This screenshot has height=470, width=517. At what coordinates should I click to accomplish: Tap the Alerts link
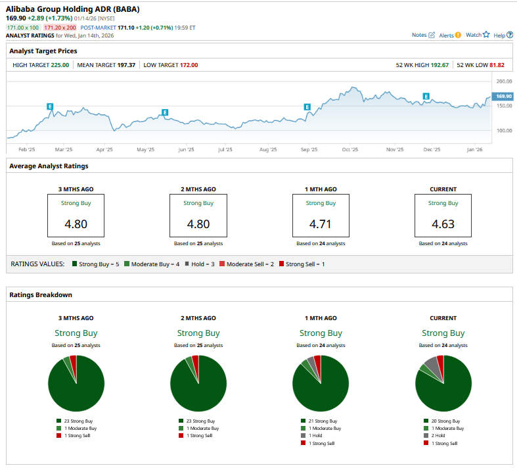(x=449, y=35)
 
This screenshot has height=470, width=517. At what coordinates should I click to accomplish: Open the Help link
(x=503, y=35)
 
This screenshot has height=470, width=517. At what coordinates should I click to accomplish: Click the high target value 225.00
(x=60, y=65)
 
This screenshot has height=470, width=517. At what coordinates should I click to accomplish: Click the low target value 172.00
(x=189, y=65)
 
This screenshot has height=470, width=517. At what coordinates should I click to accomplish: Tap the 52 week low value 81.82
(x=495, y=65)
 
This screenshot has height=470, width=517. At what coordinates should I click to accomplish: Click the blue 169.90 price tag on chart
(x=503, y=96)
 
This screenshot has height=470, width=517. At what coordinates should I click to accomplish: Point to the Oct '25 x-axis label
(x=349, y=149)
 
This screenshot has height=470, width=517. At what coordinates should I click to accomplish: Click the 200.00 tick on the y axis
(x=504, y=82)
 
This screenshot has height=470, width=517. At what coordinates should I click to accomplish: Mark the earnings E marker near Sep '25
(x=307, y=106)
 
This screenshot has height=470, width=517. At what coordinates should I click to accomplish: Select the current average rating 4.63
(x=443, y=223)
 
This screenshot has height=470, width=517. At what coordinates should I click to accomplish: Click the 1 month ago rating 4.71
(x=321, y=223)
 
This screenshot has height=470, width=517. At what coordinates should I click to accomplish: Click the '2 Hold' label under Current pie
(x=440, y=435)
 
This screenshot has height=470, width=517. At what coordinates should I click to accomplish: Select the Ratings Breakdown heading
(x=41, y=294)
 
